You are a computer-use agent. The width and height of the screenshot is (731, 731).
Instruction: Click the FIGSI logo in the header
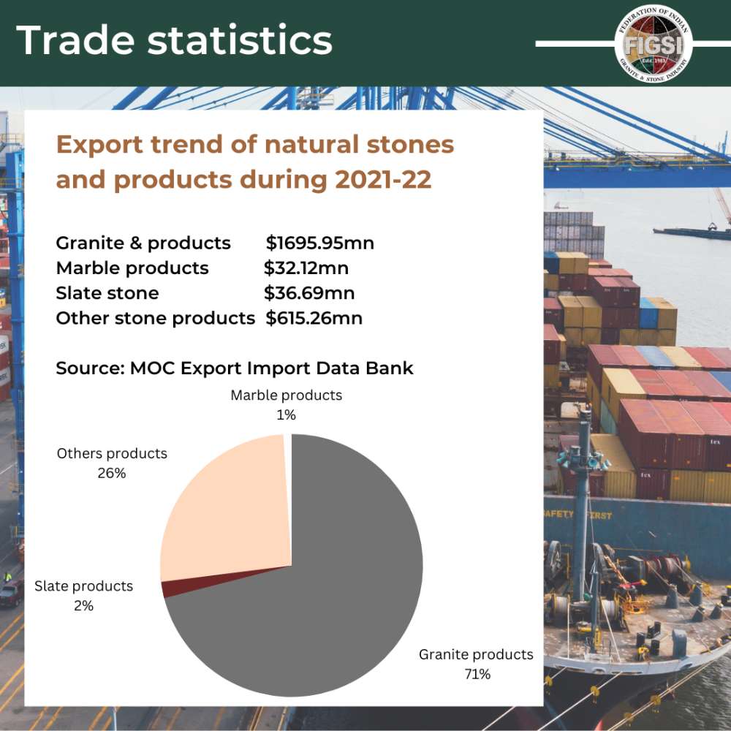pyautogui.click(x=654, y=45)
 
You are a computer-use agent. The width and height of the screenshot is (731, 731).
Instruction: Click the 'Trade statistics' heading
pyautogui.click(x=174, y=40)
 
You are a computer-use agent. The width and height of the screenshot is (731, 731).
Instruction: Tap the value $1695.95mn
pyautogui.click(x=319, y=243)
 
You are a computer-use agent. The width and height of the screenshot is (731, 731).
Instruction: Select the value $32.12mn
pyautogui.click(x=306, y=268)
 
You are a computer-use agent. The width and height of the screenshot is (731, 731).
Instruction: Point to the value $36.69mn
pyautogui.click(x=308, y=293)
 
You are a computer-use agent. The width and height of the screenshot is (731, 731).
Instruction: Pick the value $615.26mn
pyautogui.click(x=314, y=318)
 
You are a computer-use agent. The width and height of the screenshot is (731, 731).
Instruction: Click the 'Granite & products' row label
pyautogui.click(x=143, y=243)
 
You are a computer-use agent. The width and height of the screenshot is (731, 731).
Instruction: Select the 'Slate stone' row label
pyautogui.click(x=107, y=293)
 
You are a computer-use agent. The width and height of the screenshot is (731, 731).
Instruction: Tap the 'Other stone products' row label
pyautogui.click(x=155, y=318)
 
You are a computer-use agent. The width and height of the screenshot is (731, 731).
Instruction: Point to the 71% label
pyautogui.click(x=477, y=674)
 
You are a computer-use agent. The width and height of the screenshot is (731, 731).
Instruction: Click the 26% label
pyautogui.click(x=112, y=473)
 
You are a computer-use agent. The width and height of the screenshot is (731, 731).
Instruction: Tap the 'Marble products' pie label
pyautogui.click(x=286, y=395)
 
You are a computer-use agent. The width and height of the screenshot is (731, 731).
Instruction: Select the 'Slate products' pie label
pyautogui.click(x=83, y=586)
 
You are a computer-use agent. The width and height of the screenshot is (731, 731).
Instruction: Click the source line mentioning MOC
pyautogui.click(x=235, y=368)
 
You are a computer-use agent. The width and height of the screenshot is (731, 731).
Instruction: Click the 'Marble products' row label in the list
pyautogui.click(x=132, y=268)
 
